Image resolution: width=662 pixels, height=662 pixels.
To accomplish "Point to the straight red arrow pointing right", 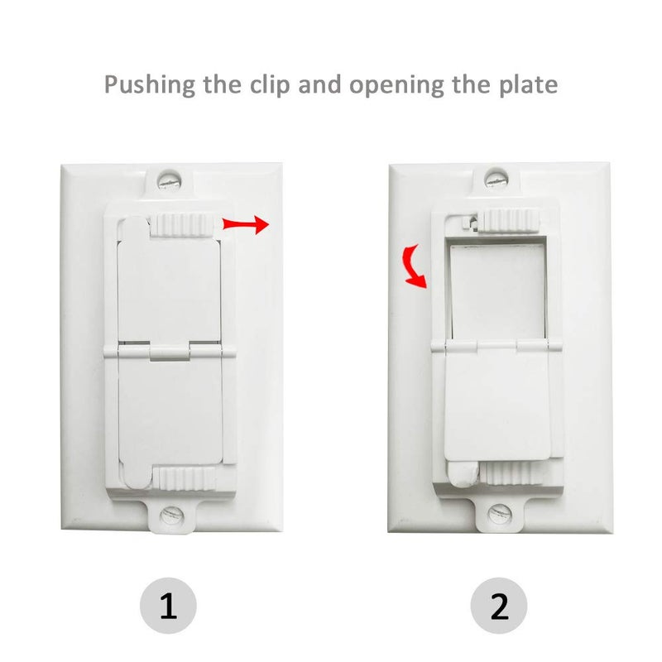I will click(x=246, y=224).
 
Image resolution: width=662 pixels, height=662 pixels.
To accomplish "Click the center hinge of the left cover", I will click(x=169, y=353).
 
